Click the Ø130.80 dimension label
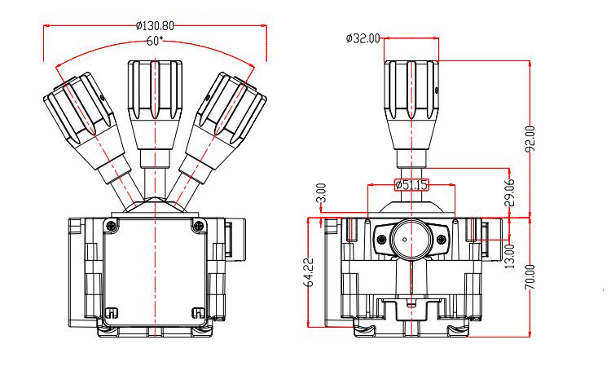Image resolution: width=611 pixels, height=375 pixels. pos(155,25)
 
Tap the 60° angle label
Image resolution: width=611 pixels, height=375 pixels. pos(155,40)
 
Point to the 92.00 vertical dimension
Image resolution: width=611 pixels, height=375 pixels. pos(531,139)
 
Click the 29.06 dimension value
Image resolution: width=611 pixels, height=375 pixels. pos(509,192)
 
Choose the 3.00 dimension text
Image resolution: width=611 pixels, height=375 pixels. pos(321,193)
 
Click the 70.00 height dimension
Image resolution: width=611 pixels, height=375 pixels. pos(531,276)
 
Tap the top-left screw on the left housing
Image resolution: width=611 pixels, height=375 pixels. pos(112,224)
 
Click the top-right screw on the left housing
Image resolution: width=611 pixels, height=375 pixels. pos(196,224)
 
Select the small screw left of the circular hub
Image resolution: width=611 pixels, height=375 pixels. pos(380,240)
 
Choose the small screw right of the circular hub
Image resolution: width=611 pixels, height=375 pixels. pos(441,240)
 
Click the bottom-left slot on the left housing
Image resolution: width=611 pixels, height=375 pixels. pos(112,311)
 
